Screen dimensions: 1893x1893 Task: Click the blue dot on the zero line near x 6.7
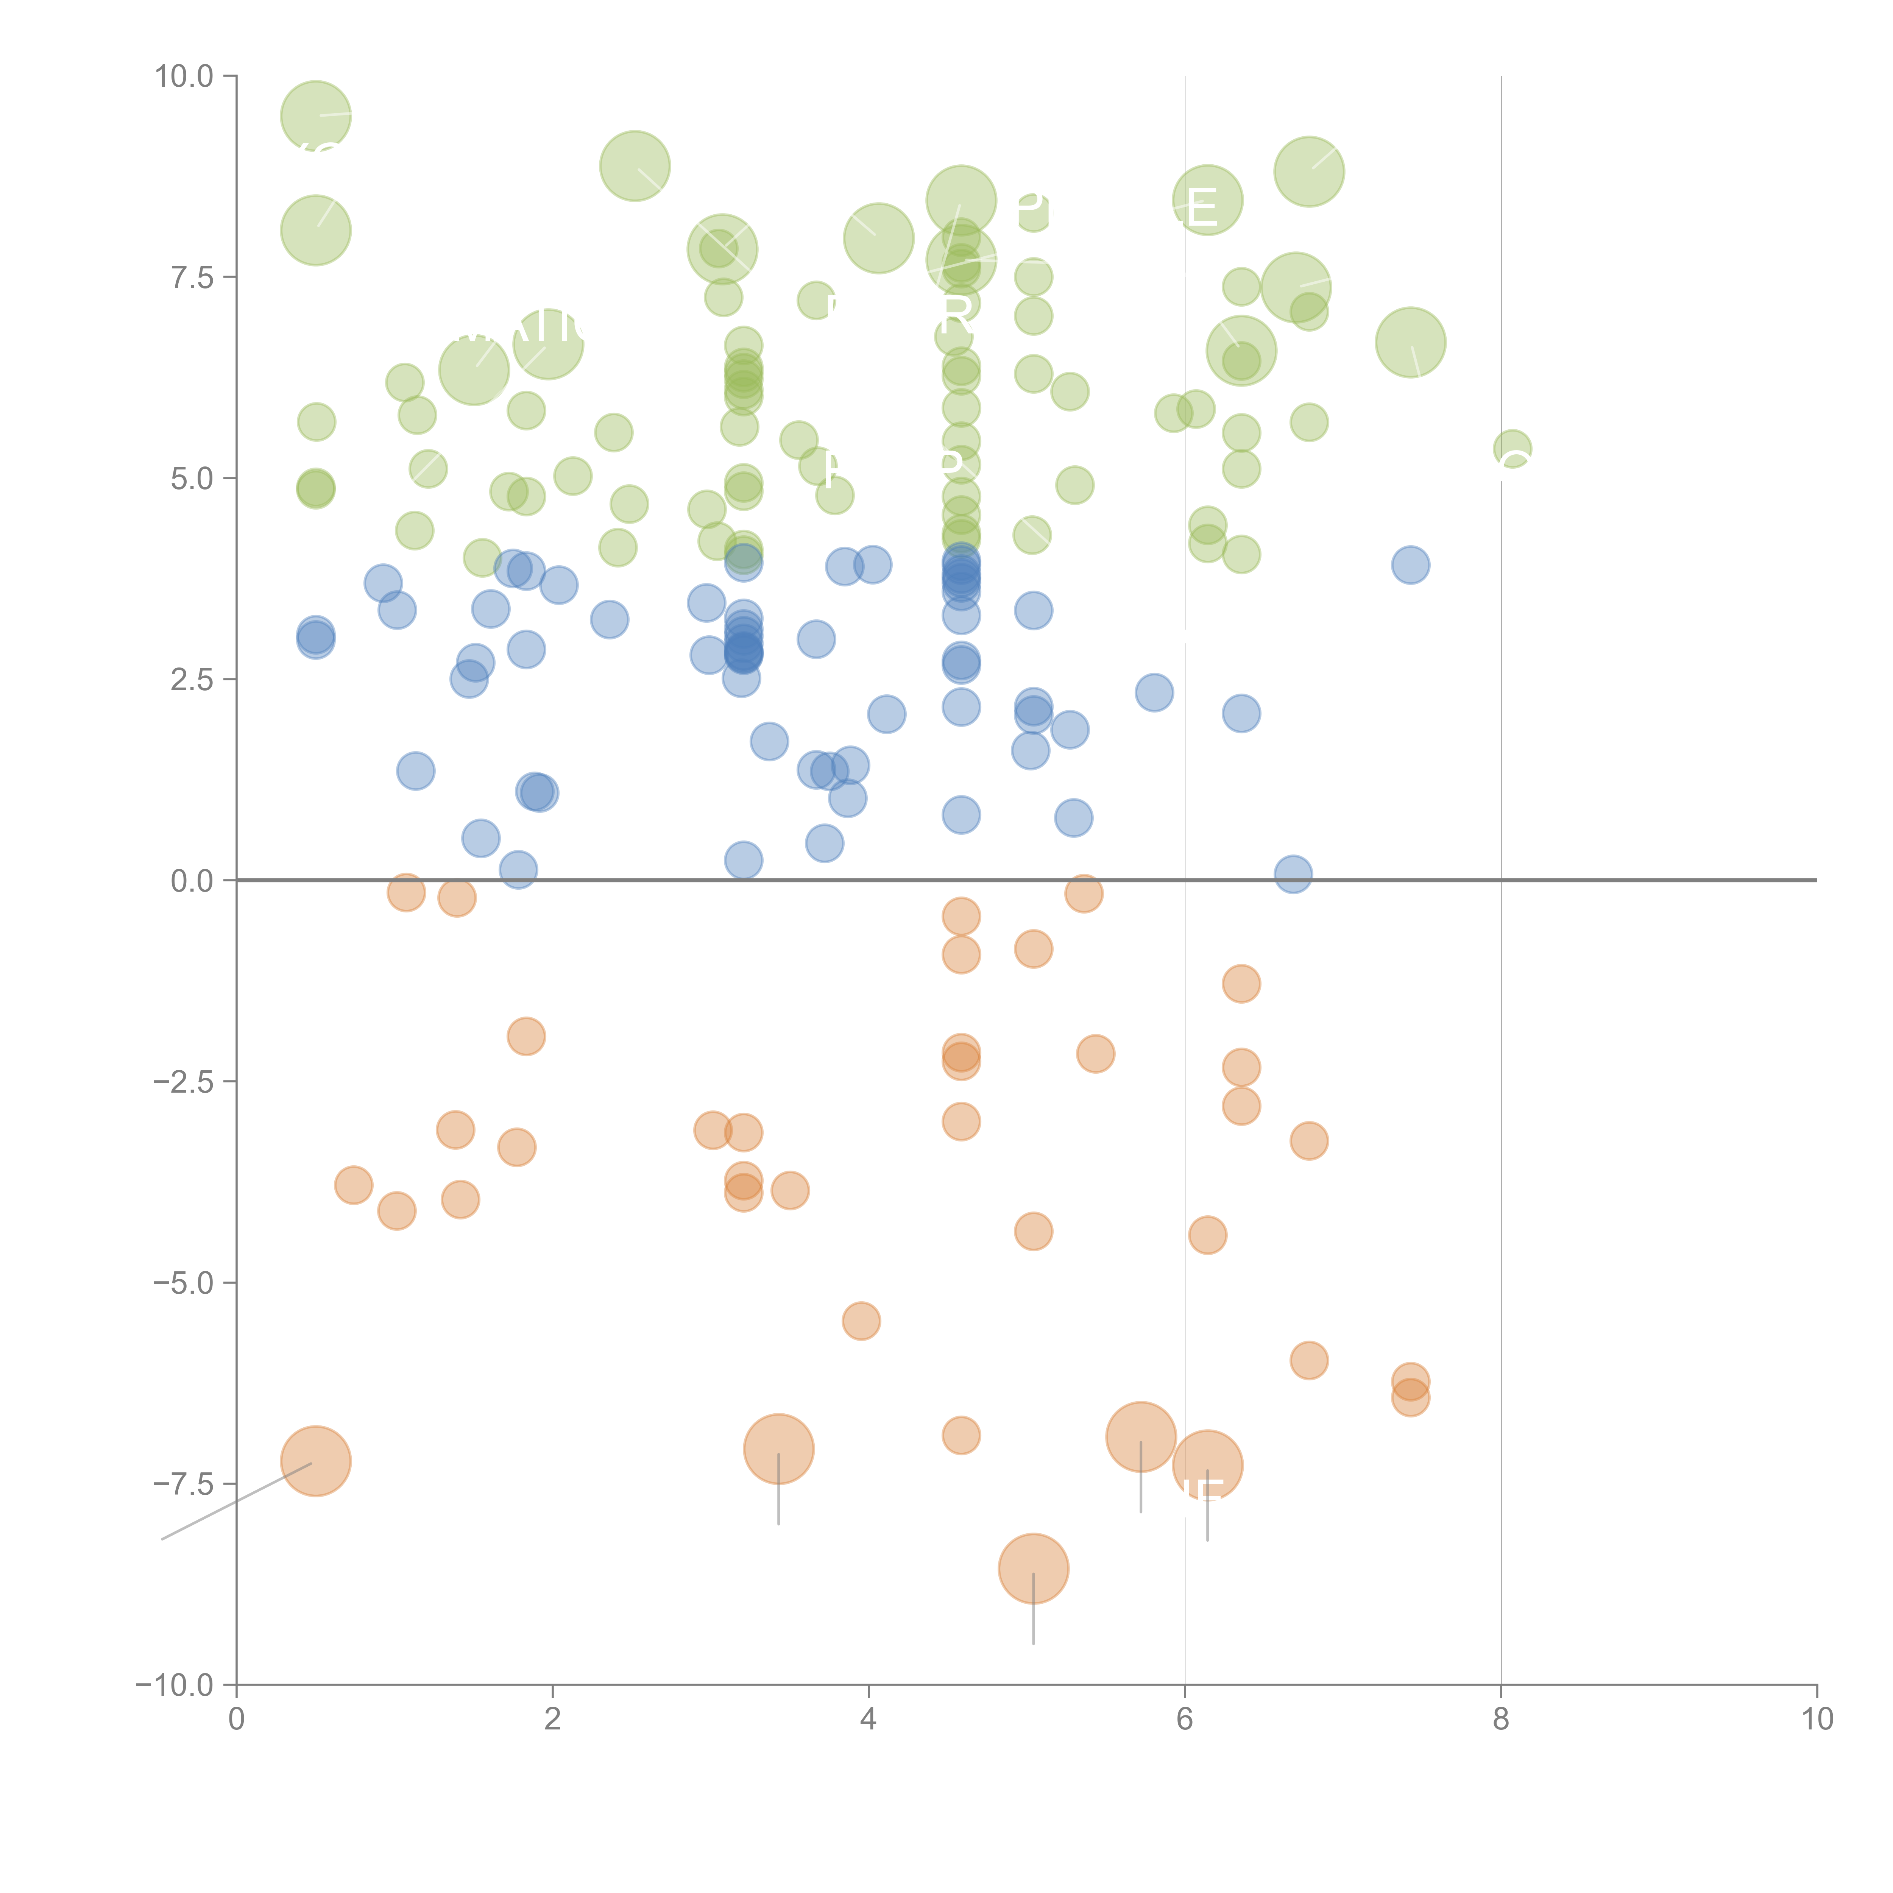tap(1293, 874)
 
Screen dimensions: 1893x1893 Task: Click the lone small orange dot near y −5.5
tap(861, 1321)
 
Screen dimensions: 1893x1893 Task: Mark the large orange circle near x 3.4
tap(778, 1449)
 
